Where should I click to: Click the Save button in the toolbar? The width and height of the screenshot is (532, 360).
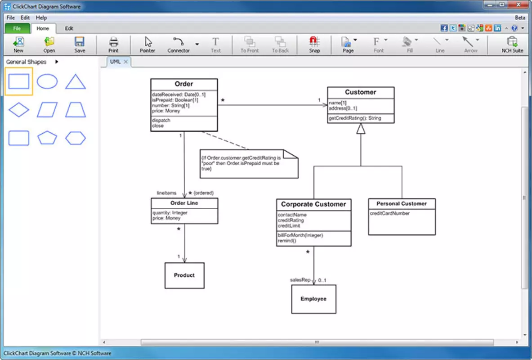pyautogui.click(x=80, y=45)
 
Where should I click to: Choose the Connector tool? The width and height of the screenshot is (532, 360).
pyautogui.click(x=179, y=45)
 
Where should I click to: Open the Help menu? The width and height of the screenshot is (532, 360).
pyautogui.click(x=41, y=18)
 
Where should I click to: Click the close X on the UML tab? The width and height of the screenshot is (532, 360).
pyautogui.click(x=125, y=62)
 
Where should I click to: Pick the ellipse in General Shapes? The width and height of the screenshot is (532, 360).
pyautogui.click(x=47, y=81)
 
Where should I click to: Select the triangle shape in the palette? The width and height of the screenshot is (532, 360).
pyautogui.click(x=75, y=81)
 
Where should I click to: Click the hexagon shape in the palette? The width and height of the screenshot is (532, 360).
pyautogui.click(x=75, y=138)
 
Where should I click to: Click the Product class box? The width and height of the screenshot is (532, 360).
pyautogui.click(x=184, y=275)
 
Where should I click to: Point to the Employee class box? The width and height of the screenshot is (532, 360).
pyautogui.click(x=313, y=299)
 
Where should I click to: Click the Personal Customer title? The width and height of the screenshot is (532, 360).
pyautogui.click(x=402, y=203)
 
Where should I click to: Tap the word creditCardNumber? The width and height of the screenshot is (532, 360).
pyautogui.click(x=389, y=213)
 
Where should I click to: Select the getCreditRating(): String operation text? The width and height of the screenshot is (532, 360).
pyautogui.click(x=355, y=118)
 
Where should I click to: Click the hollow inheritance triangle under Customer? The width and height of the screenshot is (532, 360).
pyautogui.click(x=361, y=129)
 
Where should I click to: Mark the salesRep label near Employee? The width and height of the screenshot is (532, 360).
pyautogui.click(x=300, y=280)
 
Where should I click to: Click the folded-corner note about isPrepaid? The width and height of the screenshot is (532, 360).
pyautogui.click(x=249, y=164)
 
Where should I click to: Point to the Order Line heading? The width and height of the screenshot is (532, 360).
pyautogui.click(x=184, y=203)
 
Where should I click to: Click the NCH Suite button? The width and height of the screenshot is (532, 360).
pyautogui.click(x=512, y=45)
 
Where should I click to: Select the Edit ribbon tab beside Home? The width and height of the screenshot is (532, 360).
pyautogui.click(x=69, y=28)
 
